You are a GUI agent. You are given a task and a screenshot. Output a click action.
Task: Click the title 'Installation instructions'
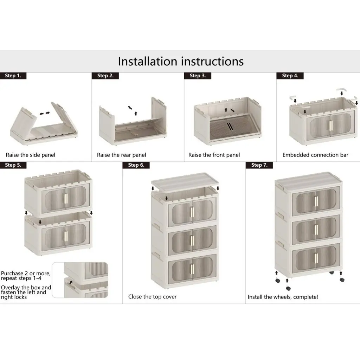[181, 61]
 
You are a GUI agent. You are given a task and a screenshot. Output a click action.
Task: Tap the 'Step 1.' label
[13, 76]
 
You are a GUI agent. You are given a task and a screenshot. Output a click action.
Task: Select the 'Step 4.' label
[290, 76]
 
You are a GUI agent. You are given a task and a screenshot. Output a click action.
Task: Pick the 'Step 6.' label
[136, 165]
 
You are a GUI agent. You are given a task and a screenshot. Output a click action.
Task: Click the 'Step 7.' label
[259, 165]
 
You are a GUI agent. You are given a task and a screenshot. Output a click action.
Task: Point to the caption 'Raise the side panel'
[31, 155]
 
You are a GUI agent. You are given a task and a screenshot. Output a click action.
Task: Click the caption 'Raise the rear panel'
[121, 155]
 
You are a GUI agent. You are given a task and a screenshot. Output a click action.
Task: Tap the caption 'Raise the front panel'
[214, 155]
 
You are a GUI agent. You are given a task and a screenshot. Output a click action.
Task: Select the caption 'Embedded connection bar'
[315, 155]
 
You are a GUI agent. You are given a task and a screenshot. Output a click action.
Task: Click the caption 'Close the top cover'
[153, 297]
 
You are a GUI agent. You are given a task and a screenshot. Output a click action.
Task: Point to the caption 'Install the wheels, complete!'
[283, 297]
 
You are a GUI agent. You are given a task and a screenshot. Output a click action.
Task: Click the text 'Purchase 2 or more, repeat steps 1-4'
[26, 276]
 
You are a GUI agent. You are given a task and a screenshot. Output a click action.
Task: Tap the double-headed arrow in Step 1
[45, 113]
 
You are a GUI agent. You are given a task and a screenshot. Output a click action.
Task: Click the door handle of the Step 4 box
[331, 126]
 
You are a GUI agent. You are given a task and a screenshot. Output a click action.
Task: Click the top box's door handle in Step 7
[316, 201]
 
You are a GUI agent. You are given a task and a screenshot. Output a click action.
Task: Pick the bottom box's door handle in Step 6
[192, 269]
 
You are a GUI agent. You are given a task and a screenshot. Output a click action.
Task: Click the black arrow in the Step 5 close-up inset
[71, 282]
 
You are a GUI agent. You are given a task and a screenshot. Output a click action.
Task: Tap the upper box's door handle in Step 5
[66, 198]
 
